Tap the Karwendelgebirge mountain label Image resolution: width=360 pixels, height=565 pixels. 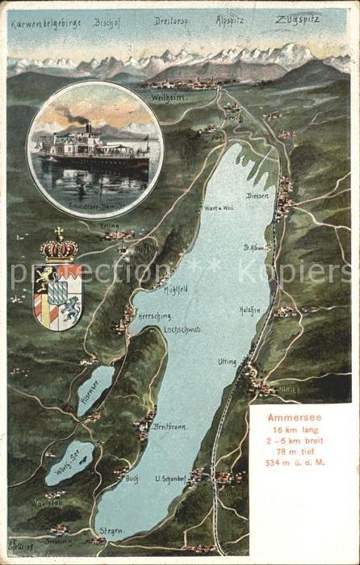(x=46, y=23)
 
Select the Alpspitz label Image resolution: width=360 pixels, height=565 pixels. (x=231, y=19)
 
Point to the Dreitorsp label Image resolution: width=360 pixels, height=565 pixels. (x=170, y=21)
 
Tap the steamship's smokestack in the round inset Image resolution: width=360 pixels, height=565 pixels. (x=88, y=129)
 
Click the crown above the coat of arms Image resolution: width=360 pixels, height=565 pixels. (x=60, y=247)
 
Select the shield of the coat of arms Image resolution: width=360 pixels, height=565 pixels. (x=58, y=295)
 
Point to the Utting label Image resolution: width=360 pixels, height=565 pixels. (x=227, y=362)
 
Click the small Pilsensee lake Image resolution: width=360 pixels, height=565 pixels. (x=96, y=389)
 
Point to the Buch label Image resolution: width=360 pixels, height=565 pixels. (x=132, y=478)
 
